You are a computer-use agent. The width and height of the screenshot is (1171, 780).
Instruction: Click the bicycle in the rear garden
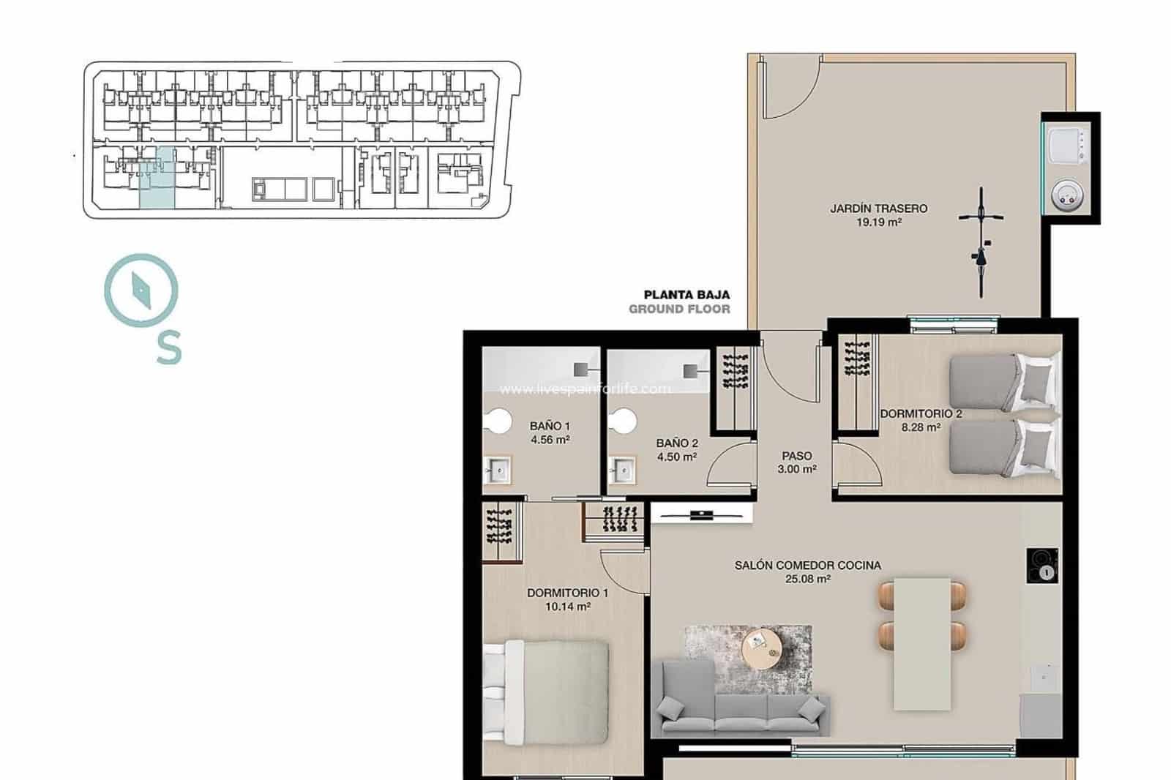(x=981, y=241)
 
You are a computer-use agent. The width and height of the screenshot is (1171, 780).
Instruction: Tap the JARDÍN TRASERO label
(x=878, y=209)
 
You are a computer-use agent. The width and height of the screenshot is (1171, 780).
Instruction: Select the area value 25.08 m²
(x=807, y=579)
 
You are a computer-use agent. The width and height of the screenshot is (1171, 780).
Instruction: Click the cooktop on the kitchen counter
(x=1042, y=566)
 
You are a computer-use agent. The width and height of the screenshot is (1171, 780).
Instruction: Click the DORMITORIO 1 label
(x=567, y=593)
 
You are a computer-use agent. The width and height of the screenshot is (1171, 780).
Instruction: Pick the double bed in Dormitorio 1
(x=547, y=691)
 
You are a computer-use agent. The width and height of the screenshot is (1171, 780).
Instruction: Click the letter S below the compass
(x=168, y=348)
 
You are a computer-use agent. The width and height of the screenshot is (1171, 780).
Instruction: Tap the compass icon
(x=141, y=290)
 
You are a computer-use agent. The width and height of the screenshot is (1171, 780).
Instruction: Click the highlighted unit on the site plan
(x=157, y=179)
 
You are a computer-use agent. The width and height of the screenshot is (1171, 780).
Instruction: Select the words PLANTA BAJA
(x=686, y=295)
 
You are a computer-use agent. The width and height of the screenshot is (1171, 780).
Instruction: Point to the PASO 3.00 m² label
(x=797, y=462)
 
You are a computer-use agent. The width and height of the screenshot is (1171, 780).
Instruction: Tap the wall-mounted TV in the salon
(x=701, y=515)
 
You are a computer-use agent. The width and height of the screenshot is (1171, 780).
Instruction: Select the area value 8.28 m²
(x=920, y=427)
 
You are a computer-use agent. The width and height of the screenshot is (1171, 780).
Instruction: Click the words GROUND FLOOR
(x=679, y=309)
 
